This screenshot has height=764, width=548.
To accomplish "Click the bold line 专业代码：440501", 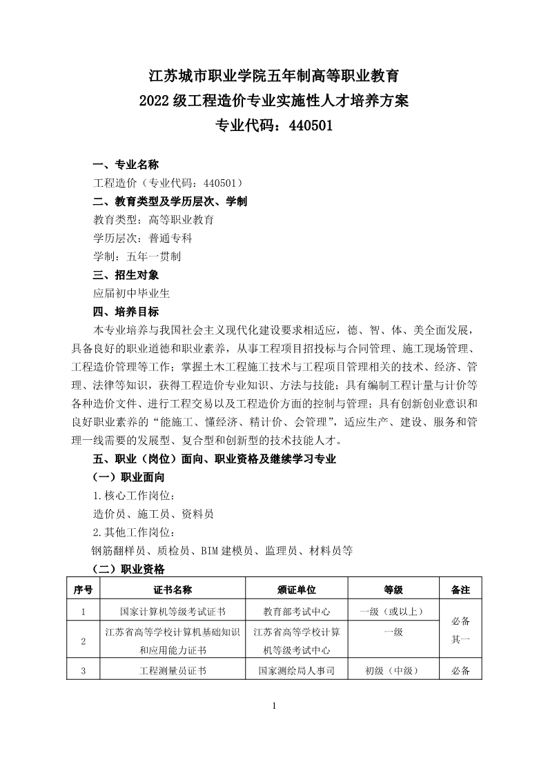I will [274, 126].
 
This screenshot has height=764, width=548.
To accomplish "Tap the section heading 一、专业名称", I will [126, 165].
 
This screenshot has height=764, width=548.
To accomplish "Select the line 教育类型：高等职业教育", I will [153, 220].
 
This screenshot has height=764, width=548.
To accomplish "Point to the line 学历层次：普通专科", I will [142, 239].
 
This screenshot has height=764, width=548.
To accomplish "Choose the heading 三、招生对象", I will [126, 275].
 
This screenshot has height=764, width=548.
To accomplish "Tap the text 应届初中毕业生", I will [131, 293].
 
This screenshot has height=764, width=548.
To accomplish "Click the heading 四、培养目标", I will [126, 312].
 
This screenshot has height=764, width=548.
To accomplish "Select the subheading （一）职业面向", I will [128, 477].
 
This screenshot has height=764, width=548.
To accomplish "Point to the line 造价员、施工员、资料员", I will [153, 514].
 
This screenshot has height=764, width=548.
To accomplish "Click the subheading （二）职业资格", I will [128, 569].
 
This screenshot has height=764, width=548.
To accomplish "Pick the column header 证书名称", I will [173, 590].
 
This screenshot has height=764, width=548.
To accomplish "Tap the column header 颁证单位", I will [297, 590].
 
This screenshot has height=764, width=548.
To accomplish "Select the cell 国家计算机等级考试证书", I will [173, 611].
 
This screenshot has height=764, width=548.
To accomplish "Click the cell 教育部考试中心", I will [297, 611].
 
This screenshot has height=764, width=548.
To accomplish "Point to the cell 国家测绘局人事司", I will [297, 670].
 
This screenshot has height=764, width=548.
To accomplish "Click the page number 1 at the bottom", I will [275, 705].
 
